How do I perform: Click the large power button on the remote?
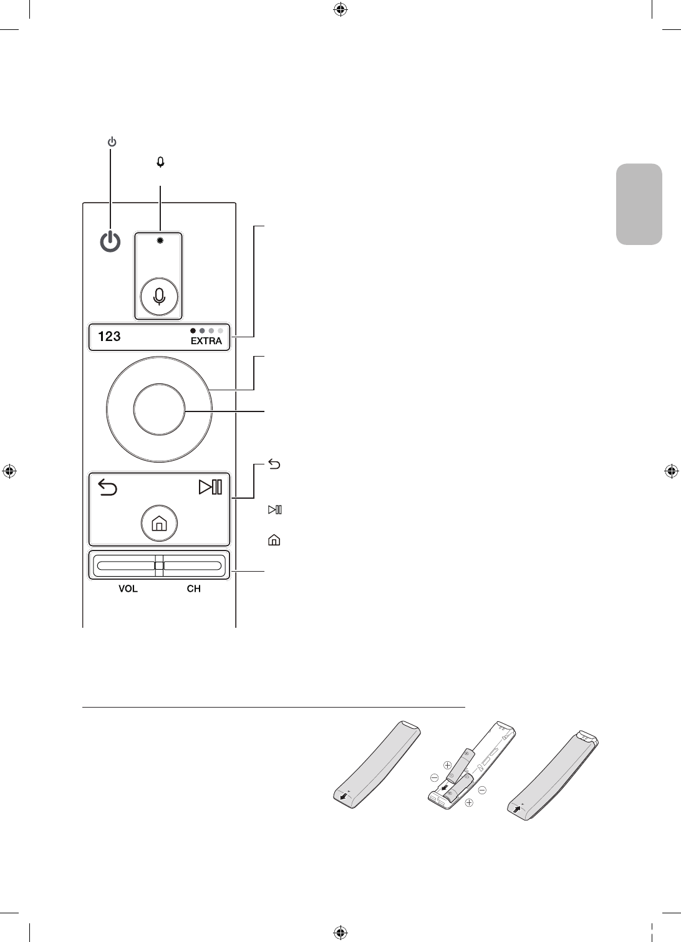click(110, 242)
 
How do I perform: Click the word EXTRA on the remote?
click(206, 341)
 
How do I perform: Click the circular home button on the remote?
click(159, 524)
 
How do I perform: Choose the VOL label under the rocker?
click(128, 589)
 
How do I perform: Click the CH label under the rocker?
click(194, 589)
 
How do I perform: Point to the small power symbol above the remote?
click(112, 143)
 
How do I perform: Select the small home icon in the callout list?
click(274, 541)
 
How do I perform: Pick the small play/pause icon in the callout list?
click(275, 511)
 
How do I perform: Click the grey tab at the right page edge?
click(639, 204)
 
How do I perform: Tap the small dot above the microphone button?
click(160, 241)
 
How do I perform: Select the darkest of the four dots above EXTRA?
click(193, 330)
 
